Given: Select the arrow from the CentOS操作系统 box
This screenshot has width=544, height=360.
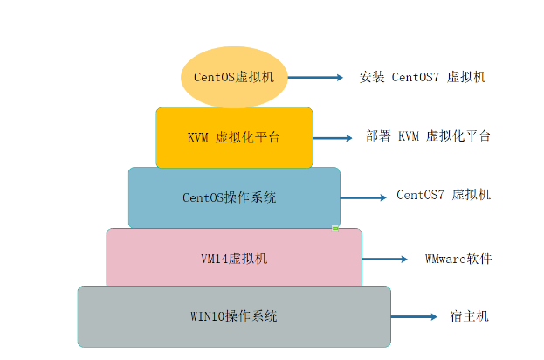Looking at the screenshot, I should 363,196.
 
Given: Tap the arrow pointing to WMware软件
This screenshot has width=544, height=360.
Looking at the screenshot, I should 385,259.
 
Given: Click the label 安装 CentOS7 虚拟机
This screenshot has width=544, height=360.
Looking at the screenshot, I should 423,77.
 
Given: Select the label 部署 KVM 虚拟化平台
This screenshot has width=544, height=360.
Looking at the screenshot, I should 428,136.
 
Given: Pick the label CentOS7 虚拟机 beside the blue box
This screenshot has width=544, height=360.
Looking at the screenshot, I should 444,195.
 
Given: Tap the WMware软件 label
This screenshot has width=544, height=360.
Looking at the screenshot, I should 458,259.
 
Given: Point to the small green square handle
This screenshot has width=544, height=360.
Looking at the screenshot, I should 334,229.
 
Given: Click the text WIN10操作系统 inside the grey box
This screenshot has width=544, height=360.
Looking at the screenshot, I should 234,316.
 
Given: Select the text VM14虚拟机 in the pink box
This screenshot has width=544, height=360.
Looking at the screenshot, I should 234,259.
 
